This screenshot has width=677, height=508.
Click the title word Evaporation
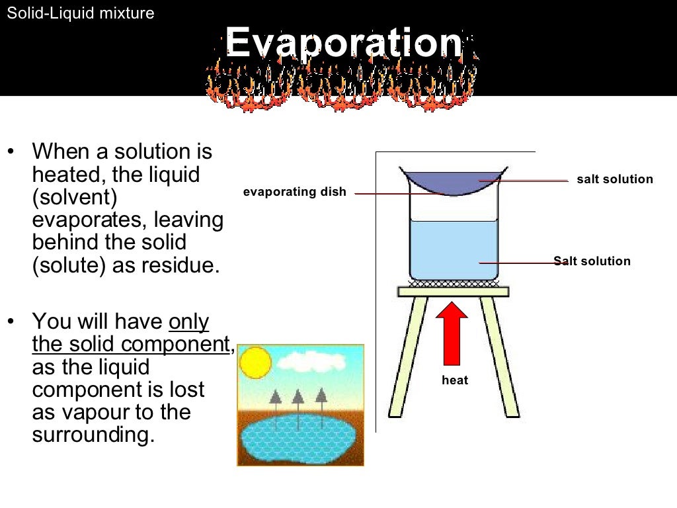(344, 44)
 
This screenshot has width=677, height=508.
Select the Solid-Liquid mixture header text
(80, 13)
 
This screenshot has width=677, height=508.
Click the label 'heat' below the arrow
(455, 380)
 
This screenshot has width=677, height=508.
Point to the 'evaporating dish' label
(294, 192)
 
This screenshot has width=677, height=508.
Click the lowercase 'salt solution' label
(614, 179)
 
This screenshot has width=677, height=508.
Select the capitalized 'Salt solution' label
(592, 261)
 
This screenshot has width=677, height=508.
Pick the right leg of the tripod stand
(500, 357)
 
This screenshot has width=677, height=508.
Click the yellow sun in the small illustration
(255, 362)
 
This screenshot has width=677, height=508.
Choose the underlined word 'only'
(189, 322)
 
